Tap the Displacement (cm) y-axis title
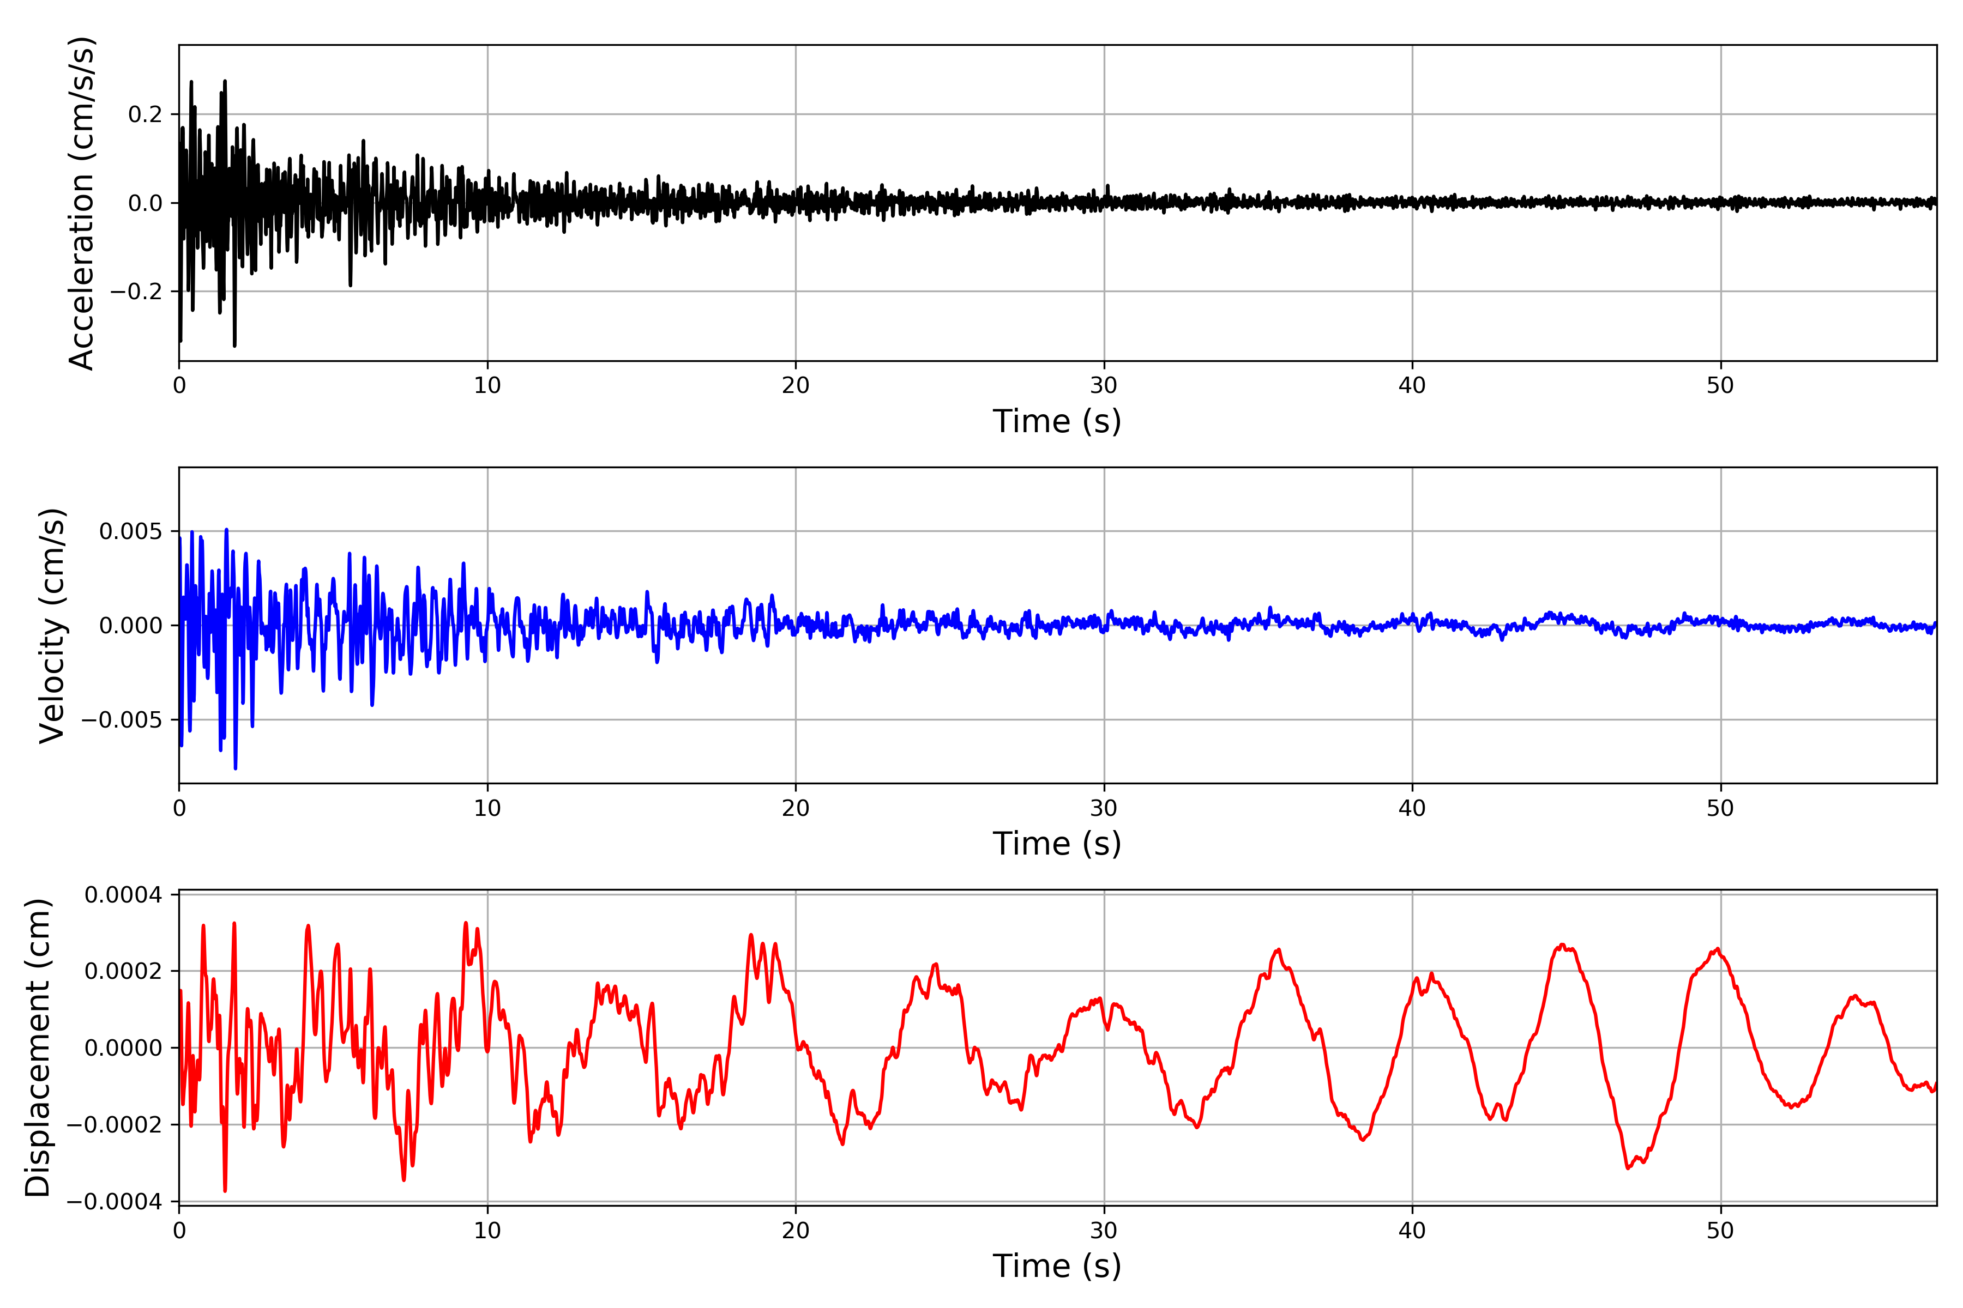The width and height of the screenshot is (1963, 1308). pos(38,1047)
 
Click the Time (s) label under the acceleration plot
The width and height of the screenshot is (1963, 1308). pos(1057,421)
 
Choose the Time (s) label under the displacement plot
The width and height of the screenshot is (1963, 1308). pos(1057,1265)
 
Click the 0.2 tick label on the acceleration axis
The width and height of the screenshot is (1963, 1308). pos(145,114)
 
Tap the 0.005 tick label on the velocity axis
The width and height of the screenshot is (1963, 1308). pos(130,531)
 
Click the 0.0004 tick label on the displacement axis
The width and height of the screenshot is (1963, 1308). pos(124,895)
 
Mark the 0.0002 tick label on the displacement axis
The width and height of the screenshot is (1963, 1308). pos(124,971)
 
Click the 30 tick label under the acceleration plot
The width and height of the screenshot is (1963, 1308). pos(1103,385)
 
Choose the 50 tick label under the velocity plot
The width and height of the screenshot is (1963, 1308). pos(1720,808)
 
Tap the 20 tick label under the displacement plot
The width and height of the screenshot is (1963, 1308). pos(796,1231)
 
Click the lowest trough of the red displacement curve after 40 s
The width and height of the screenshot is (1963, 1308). pos(1628,1168)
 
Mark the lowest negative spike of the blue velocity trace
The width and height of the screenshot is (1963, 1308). pos(236,768)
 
